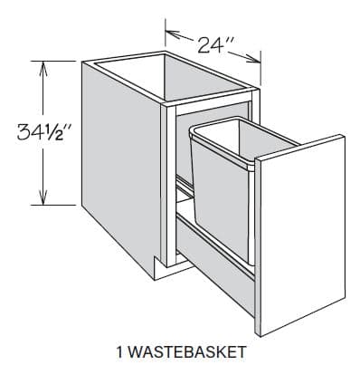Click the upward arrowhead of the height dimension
pos(42,65)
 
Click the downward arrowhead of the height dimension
pos(42,201)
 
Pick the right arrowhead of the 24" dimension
pos(261,62)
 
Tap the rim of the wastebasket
pos(222,132)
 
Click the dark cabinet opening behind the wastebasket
pos(181,154)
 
